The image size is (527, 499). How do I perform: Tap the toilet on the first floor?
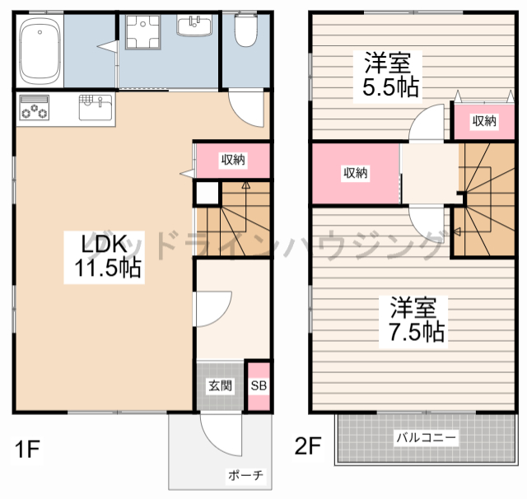245,31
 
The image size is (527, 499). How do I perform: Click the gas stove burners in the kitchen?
33,108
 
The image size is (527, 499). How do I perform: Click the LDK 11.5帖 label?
103,255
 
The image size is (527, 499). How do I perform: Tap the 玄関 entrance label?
219,385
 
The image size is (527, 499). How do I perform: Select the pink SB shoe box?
258,385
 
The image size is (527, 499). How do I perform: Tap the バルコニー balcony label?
426,436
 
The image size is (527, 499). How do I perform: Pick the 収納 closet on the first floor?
232,160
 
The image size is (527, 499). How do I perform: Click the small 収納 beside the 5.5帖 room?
484,121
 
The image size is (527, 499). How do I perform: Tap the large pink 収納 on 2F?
355,173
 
